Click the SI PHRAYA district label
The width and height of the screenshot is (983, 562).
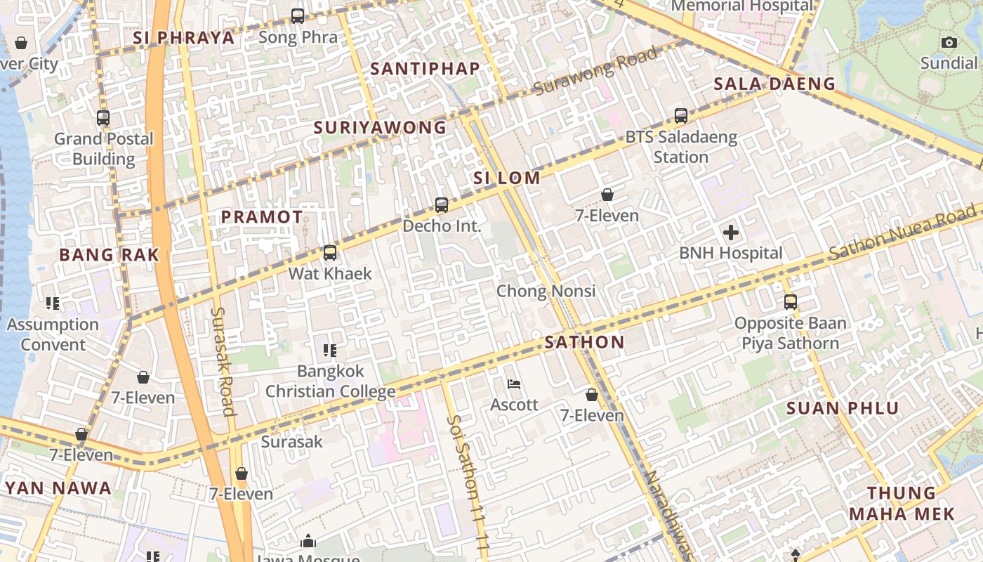(x=184, y=38)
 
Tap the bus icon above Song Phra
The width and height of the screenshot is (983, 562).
(x=298, y=15)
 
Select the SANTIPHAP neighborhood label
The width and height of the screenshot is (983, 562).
(x=425, y=69)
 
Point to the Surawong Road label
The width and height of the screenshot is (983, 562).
(x=596, y=70)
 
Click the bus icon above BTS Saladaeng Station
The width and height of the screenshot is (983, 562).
(x=680, y=116)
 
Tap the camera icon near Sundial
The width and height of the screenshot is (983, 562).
(x=949, y=43)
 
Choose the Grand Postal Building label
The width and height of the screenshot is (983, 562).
(x=104, y=149)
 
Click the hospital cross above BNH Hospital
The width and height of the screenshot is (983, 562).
(x=730, y=233)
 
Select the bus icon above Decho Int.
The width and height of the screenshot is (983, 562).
(x=441, y=205)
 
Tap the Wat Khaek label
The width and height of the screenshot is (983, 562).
(x=330, y=273)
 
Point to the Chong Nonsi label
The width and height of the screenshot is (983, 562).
(x=546, y=291)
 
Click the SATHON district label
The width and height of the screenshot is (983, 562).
(x=584, y=343)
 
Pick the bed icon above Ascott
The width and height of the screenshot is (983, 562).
(x=514, y=384)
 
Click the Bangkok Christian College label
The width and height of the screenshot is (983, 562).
(x=330, y=381)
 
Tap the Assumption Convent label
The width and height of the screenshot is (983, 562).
(x=53, y=334)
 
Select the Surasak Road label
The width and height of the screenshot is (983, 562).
(x=223, y=361)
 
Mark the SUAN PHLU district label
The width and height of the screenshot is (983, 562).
(x=842, y=408)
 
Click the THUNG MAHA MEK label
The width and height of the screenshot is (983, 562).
(x=902, y=503)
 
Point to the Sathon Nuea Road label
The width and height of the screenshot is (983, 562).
(x=902, y=234)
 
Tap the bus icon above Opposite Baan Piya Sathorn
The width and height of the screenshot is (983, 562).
(x=791, y=302)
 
